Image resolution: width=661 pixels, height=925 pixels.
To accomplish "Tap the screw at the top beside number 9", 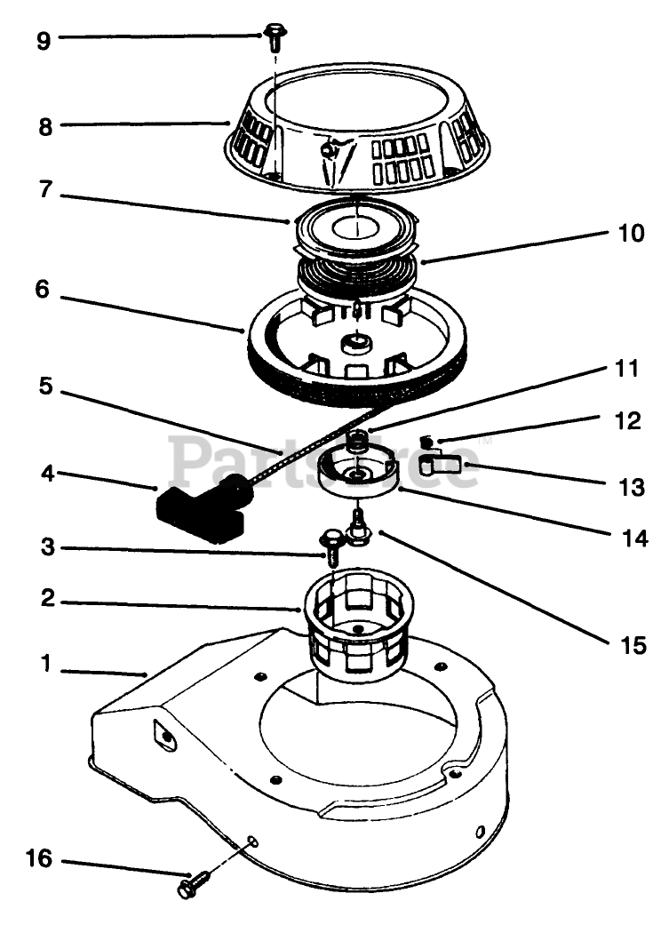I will tap(275, 36).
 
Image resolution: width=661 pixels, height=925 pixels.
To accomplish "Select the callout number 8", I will tap(44, 125).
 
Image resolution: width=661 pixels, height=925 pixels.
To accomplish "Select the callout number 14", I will tap(628, 537).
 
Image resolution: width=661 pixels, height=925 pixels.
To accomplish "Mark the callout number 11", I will tap(627, 368).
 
